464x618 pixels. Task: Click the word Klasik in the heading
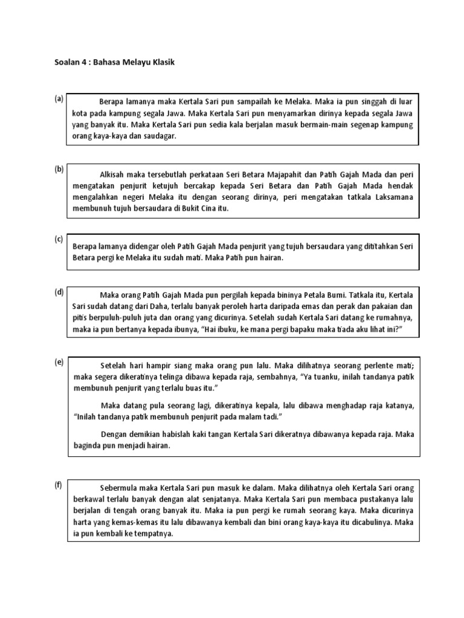tap(160, 62)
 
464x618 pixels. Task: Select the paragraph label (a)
tap(59, 98)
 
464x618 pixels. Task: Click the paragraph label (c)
tap(59, 239)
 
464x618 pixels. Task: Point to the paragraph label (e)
tap(59, 362)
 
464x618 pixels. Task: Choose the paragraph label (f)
tap(59, 486)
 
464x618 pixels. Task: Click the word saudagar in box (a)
tap(159, 136)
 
